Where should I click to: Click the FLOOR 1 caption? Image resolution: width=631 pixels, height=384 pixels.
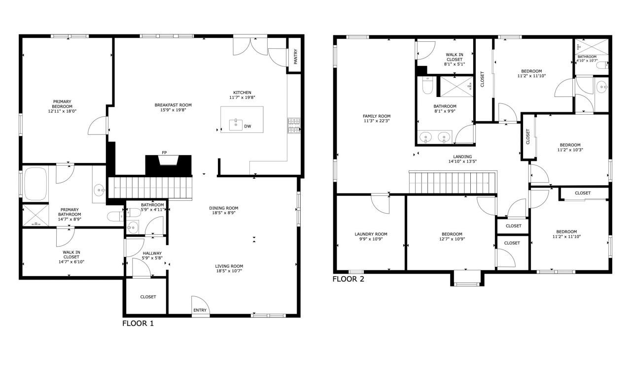138,323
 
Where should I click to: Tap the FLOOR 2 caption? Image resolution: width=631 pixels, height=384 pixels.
348,279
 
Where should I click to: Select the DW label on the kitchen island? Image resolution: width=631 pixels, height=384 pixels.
248,127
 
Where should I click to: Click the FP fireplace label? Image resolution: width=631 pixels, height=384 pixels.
164,153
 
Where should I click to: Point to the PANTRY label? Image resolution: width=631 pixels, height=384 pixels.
295,56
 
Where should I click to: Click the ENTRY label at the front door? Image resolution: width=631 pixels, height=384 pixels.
200,310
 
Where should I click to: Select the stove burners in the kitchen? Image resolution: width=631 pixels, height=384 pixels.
294,126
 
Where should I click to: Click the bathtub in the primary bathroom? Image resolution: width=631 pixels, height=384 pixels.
35,184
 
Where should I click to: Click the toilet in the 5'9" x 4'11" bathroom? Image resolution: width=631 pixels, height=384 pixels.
117,215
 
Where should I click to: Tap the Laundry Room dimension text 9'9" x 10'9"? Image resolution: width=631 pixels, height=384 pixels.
371,239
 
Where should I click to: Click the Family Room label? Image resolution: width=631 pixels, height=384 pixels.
377,116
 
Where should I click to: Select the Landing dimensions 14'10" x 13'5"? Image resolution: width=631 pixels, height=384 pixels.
460,161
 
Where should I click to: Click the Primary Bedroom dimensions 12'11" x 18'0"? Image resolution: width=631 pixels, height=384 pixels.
62,111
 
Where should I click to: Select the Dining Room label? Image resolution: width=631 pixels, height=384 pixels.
224,208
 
